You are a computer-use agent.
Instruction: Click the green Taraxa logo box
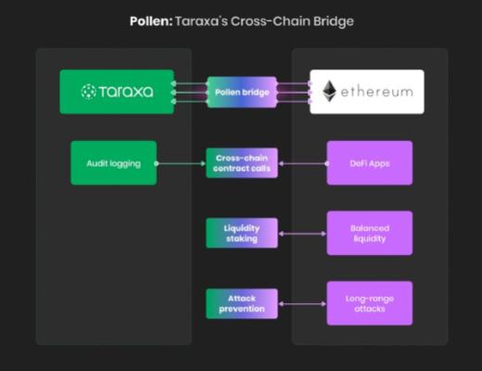117,92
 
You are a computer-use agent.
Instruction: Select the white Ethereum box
366,92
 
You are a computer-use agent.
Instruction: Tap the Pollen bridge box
241,92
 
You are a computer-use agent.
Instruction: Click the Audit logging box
113,162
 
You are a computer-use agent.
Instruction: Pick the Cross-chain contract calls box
241,162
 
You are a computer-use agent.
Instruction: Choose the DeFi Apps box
369,162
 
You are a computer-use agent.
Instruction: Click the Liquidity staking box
241,233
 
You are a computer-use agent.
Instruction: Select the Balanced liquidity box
369,233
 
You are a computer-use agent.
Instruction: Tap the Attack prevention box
241,303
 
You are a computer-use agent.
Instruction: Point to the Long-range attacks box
369,303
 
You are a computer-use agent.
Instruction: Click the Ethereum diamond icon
331,92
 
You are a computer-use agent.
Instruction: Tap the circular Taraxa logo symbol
89,92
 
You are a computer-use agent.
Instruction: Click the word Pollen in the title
149,20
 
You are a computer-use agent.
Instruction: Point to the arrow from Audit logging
181,163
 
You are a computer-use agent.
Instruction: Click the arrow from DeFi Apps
302,163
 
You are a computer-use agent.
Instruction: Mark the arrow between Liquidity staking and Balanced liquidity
302,234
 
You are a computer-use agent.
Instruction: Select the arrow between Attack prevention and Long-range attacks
302,304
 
